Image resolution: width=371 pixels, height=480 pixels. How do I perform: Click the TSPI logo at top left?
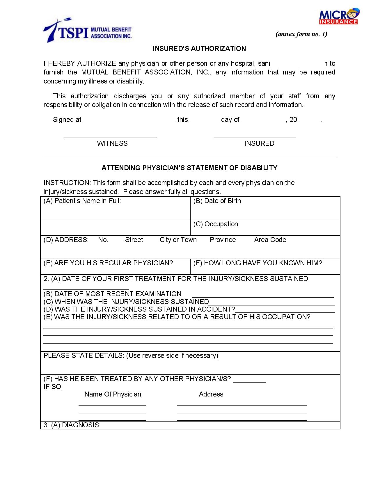click(x=87, y=31)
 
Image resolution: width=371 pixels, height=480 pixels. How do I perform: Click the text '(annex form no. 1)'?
click(x=301, y=34)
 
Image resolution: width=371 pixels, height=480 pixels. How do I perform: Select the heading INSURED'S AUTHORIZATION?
click(x=199, y=49)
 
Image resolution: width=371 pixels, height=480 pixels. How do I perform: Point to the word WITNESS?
click(x=112, y=143)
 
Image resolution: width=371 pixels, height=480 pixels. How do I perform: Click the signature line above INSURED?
click(x=255, y=137)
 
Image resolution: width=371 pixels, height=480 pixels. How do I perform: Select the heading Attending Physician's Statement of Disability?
click(x=189, y=168)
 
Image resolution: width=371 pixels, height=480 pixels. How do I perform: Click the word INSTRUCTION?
click(x=67, y=183)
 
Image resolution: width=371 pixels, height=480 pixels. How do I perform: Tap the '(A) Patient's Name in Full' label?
click(x=82, y=201)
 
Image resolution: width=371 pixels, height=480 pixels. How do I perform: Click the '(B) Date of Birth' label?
click(x=217, y=201)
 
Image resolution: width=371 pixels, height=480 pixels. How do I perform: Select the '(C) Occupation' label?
click(x=216, y=224)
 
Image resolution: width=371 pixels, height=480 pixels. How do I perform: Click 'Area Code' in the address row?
click(x=270, y=240)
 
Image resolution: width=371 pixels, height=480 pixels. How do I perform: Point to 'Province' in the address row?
click(x=223, y=240)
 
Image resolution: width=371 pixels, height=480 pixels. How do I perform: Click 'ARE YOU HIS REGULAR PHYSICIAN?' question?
click(x=108, y=263)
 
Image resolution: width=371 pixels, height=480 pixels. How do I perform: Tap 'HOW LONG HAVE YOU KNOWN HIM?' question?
click(x=258, y=263)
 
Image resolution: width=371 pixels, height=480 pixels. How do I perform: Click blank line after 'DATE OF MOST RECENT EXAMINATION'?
click(x=263, y=296)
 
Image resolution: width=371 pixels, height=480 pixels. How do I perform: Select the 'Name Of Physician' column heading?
click(x=113, y=394)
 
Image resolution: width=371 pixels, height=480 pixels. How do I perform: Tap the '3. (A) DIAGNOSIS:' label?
click(x=72, y=425)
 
